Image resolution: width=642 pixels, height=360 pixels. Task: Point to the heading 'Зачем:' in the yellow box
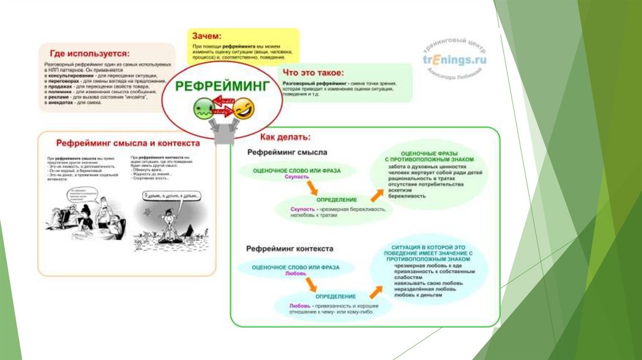[x=207, y=36]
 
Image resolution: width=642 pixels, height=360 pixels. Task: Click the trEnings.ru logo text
[x=455, y=60]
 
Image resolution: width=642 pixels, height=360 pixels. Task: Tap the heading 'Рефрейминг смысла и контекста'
[x=128, y=143]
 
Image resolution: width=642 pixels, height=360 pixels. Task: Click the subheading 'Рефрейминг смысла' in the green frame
[x=287, y=152]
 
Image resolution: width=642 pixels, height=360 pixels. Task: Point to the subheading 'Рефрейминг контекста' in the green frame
[x=290, y=248]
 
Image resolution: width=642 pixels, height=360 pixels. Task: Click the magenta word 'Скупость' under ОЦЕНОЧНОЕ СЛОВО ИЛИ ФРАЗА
[x=297, y=177]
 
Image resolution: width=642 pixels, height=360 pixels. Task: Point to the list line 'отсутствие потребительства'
[x=426, y=184]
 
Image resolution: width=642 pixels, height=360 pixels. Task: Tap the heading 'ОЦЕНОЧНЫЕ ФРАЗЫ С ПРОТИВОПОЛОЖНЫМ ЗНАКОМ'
[x=429, y=156]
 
